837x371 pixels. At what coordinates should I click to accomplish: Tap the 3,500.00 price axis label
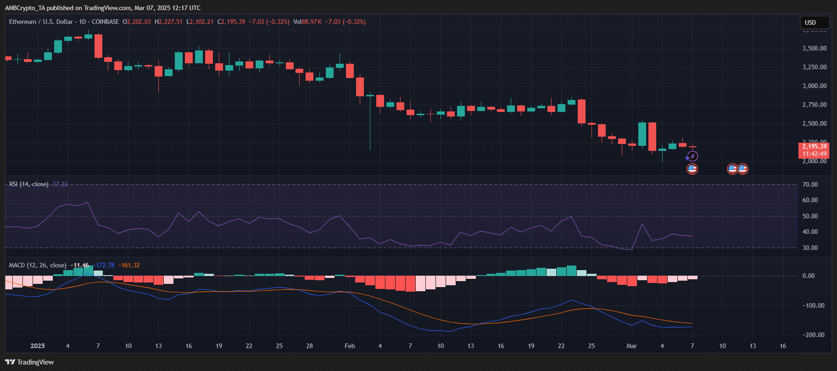815,48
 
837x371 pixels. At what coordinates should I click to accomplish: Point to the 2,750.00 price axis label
815,105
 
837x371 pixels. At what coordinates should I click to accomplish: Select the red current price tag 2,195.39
815,147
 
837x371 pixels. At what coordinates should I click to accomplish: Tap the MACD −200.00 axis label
814,335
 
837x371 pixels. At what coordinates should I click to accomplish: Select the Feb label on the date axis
350,346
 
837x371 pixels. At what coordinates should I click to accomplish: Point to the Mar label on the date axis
631,346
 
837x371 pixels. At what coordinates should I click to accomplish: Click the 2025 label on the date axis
38,346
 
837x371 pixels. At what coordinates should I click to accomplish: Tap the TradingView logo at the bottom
30,362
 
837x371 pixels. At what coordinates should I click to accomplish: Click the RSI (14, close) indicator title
28,184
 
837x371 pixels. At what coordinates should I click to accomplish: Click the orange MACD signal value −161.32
129,265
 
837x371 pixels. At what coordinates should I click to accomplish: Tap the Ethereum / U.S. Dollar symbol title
41,22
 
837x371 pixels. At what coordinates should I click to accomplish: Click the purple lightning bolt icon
692,156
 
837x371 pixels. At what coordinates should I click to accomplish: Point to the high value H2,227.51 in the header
168,22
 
